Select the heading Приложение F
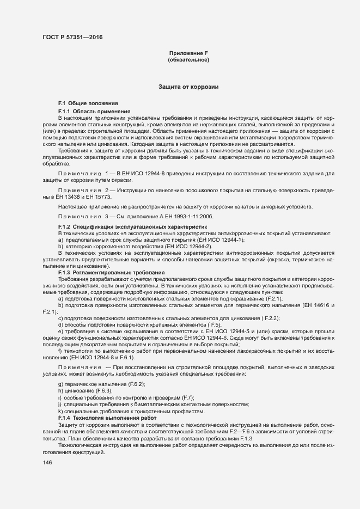click(x=188, y=53)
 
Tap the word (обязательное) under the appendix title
click(x=188, y=59)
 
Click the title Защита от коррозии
click(x=188, y=87)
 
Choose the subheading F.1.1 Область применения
click(x=94, y=111)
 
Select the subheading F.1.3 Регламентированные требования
click(x=111, y=272)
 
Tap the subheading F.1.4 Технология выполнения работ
click(x=107, y=417)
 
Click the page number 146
click(x=47, y=462)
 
